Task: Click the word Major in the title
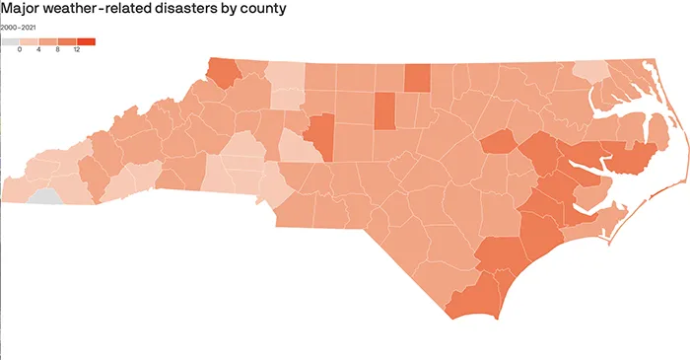pos(22,9)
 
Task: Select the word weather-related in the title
pos(100,9)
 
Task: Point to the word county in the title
pos(264,9)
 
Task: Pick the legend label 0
pos(20,49)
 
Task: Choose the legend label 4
pos(38,49)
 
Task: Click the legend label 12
pos(77,49)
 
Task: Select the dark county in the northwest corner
pos(224,73)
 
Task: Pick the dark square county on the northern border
pos(417,77)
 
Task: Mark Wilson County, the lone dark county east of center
pos(499,141)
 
